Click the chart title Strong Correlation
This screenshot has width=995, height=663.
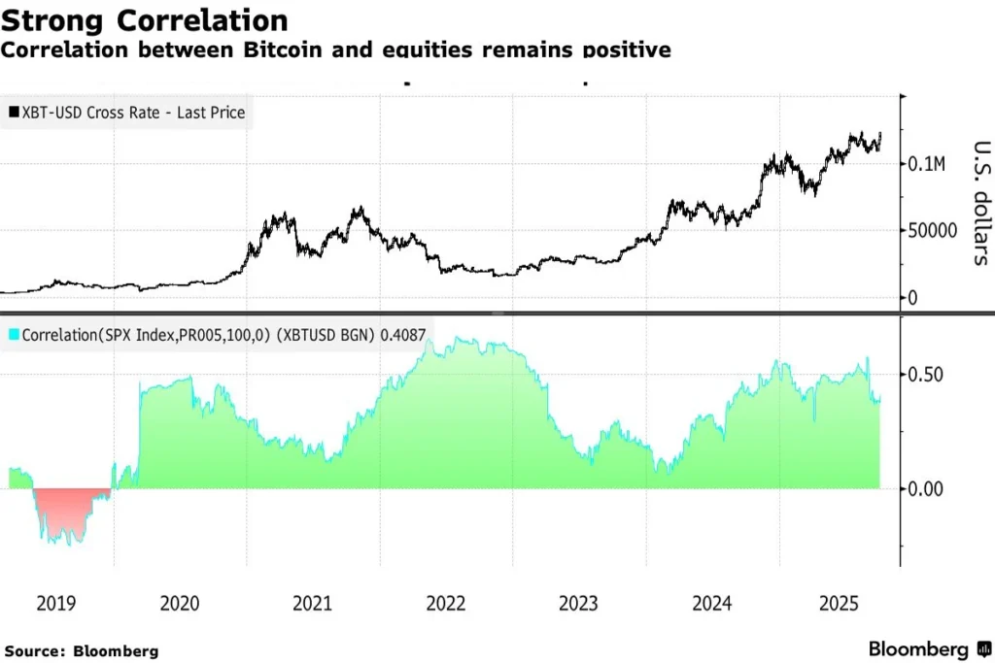(x=144, y=20)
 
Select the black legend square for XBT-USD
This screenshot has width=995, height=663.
(x=14, y=114)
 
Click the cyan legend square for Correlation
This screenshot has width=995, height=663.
(x=14, y=333)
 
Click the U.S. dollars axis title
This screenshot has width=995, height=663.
(x=980, y=203)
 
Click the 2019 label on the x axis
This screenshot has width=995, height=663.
(x=55, y=604)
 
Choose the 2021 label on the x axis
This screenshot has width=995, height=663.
(x=313, y=604)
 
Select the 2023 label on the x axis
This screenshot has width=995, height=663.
(x=579, y=604)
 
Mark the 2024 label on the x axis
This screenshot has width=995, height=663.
(x=712, y=604)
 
